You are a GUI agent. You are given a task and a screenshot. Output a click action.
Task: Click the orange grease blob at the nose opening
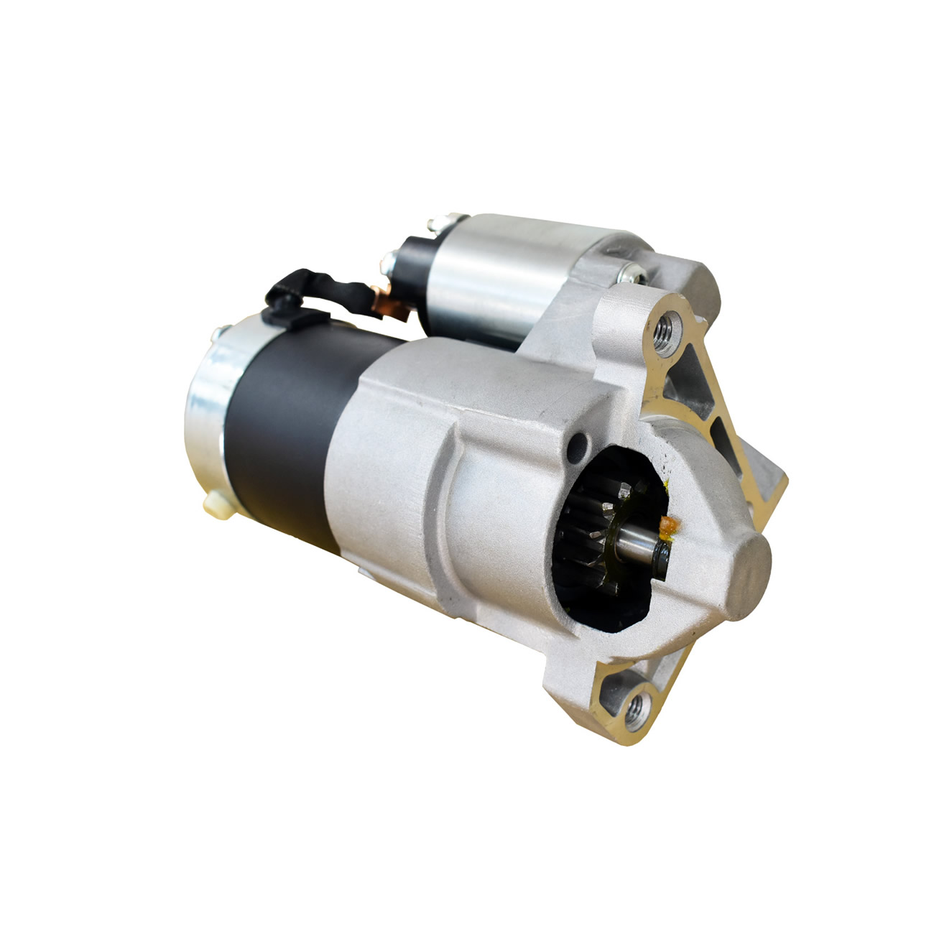[x=669, y=527]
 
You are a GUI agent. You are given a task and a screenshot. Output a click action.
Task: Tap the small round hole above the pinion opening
[x=577, y=449]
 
